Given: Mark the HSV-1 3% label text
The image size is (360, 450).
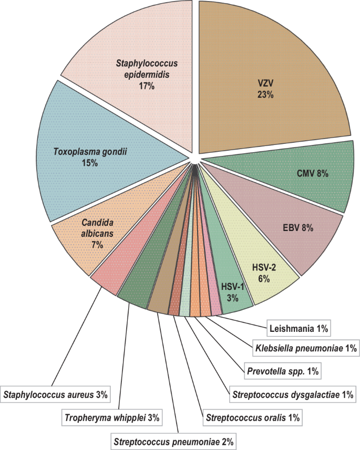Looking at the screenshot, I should [232, 292].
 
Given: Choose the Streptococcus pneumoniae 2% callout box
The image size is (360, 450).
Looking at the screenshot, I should [174, 441].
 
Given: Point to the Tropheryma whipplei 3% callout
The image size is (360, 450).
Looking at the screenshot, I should [112, 418].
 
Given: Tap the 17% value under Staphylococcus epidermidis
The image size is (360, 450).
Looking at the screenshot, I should [147, 86].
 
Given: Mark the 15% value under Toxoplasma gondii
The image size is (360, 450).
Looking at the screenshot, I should [90, 163].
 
